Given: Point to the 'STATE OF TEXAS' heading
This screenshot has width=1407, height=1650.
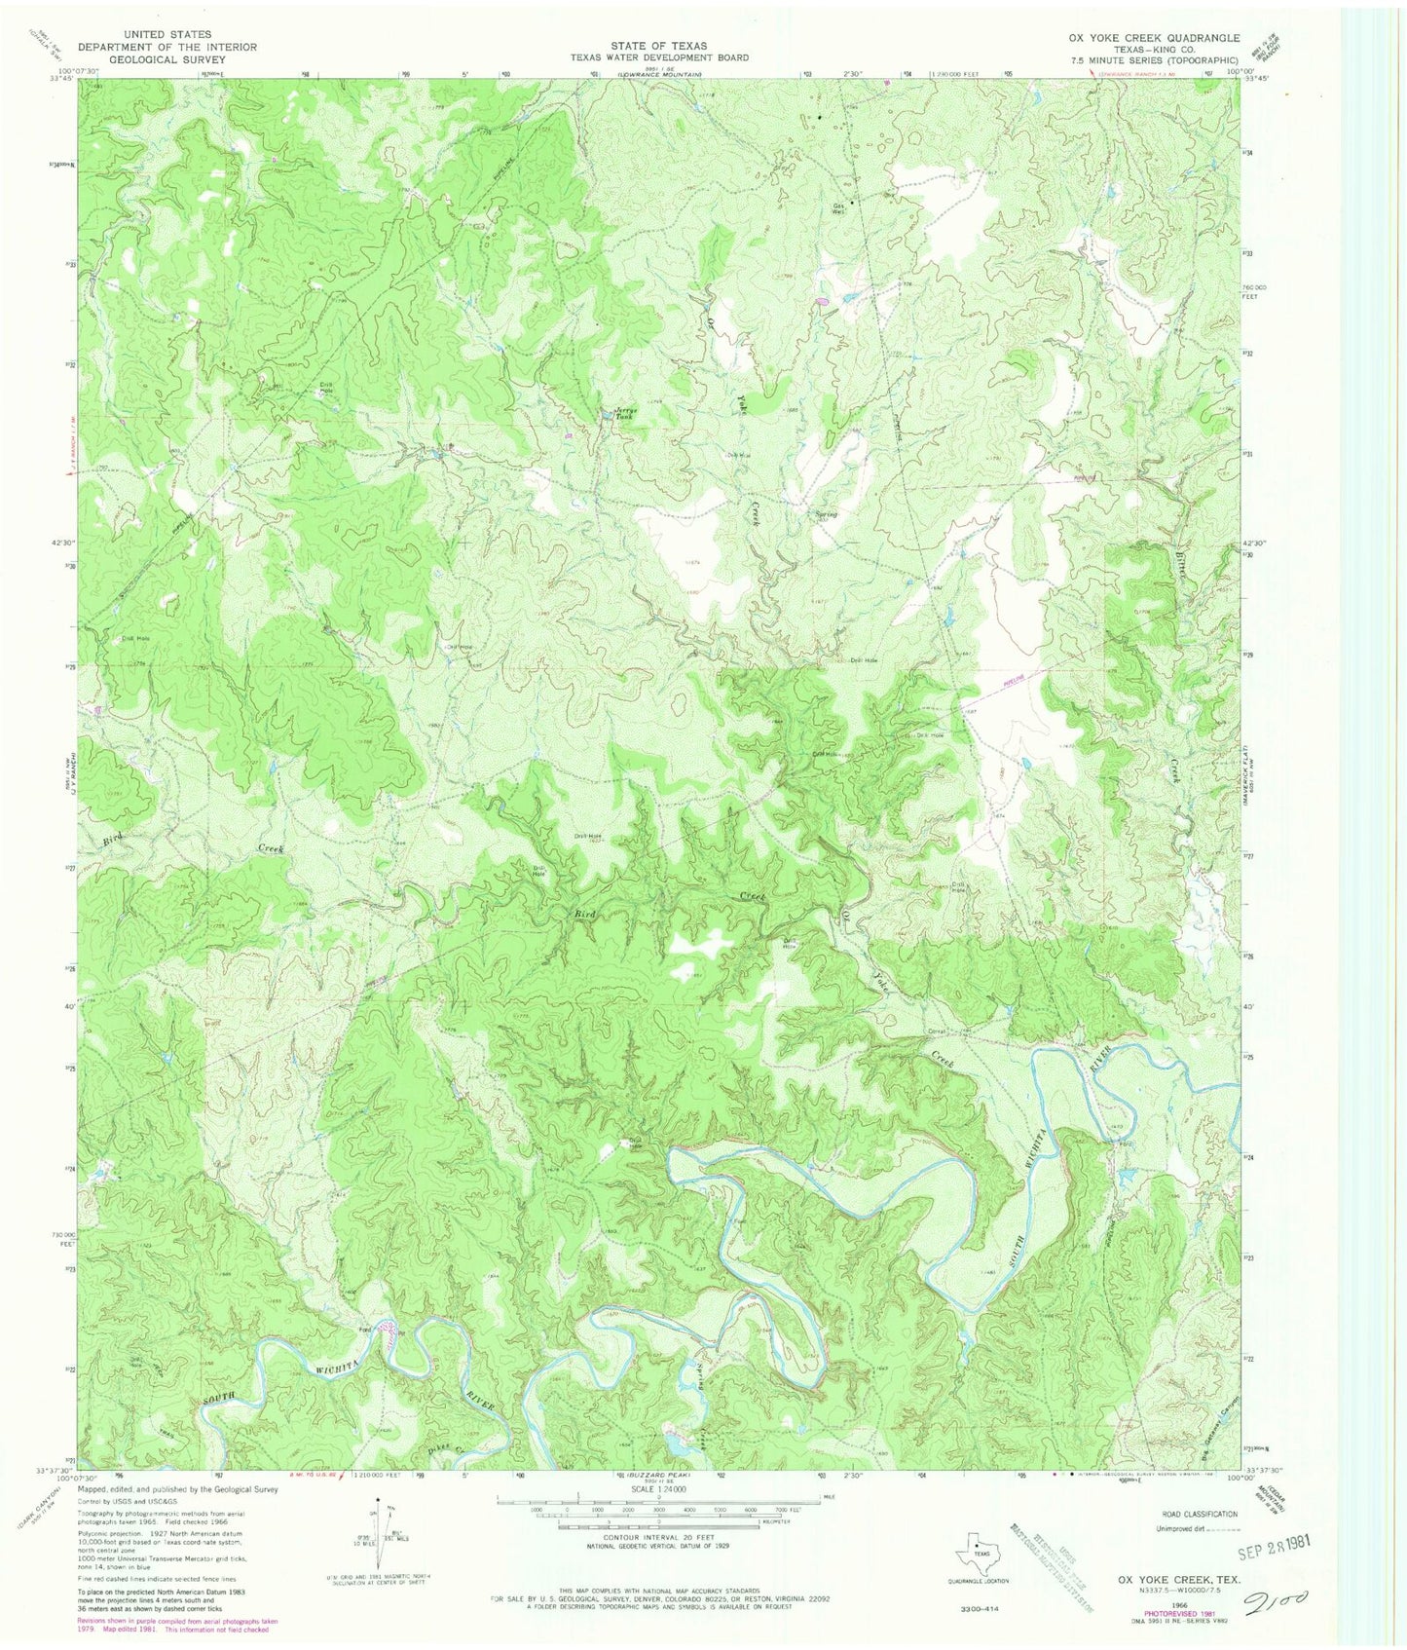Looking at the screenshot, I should (659, 46).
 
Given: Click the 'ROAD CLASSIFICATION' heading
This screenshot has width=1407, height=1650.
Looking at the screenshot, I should (1192, 1514).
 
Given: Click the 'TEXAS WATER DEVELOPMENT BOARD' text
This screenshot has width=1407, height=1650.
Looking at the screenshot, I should (659, 57).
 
